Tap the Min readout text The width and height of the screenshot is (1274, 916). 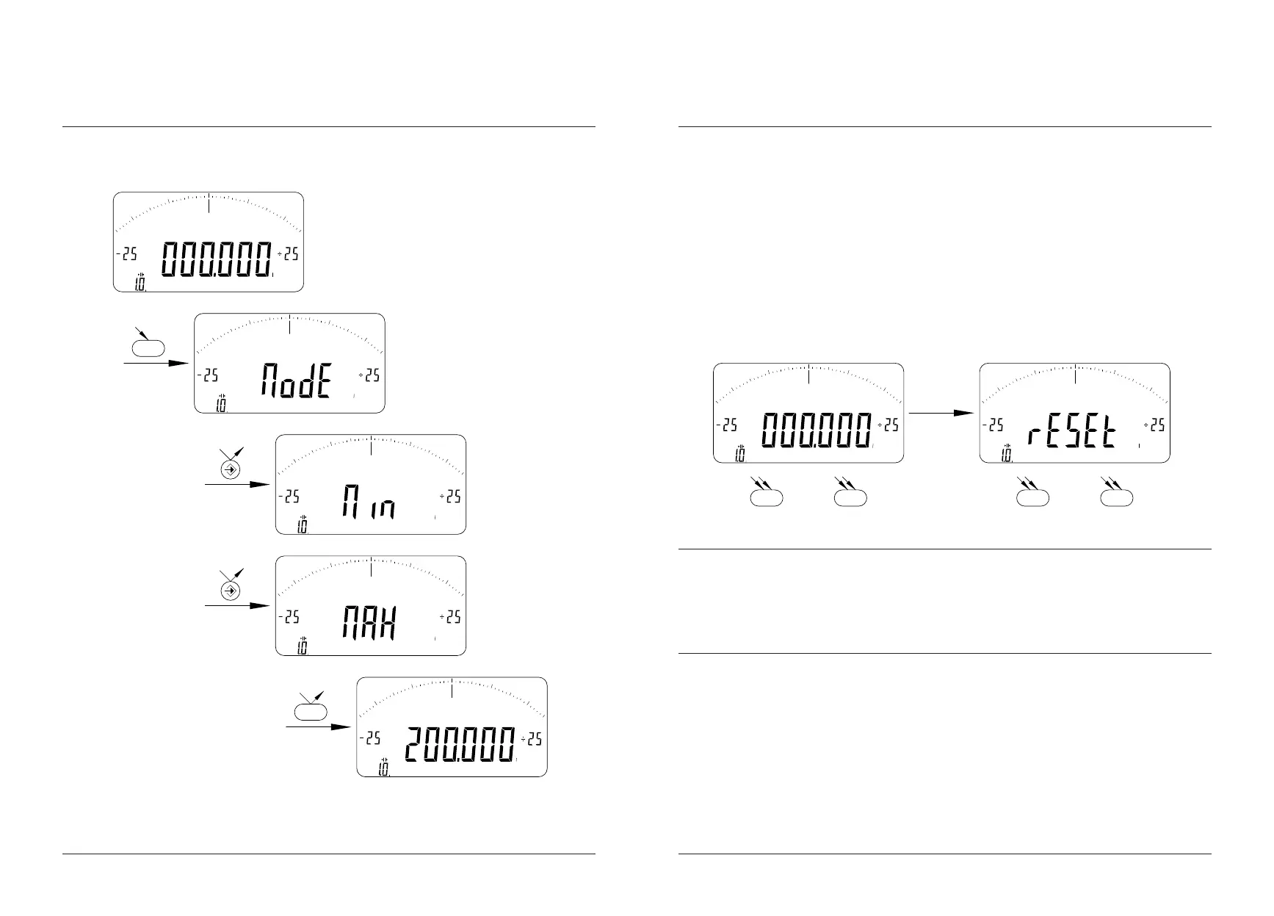(x=368, y=502)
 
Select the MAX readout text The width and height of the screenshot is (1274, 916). (x=369, y=624)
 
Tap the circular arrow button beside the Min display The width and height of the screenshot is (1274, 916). (x=231, y=469)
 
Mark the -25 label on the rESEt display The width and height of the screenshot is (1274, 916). (x=994, y=425)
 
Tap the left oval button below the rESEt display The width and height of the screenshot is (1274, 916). (x=1032, y=498)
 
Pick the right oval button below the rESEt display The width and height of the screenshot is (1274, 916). (x=1117, y=498)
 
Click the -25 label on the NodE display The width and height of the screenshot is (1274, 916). (x=209, y=375)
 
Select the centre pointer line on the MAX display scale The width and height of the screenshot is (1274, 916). (x=371, y=568)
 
